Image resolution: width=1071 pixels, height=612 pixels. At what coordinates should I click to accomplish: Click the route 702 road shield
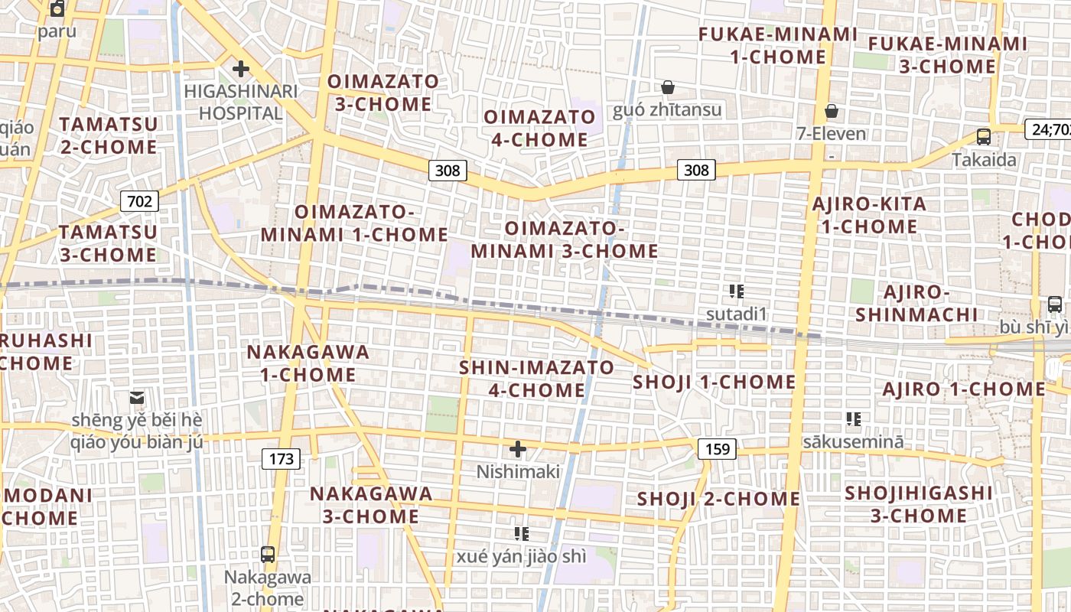tap(139, 201)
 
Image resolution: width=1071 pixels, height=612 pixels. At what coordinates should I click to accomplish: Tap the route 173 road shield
tap(282, 459)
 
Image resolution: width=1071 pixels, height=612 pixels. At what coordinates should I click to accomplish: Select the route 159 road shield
tap(718, 449)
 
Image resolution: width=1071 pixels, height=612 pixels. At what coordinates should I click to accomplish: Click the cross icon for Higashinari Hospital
tap(241, 70)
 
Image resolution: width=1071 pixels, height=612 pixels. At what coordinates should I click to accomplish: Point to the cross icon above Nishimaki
tap(518, 449)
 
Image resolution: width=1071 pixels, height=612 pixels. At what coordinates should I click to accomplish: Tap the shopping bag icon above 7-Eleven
tap(832, 112)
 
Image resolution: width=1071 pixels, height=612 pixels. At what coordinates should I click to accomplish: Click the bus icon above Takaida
tap(984, 137)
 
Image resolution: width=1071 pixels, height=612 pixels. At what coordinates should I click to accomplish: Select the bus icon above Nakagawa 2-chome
tap(268, 555)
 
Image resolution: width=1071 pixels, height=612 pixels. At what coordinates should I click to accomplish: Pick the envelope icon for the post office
tap(137, 398)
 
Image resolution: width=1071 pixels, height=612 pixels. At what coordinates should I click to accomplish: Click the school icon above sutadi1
tap(737, 291)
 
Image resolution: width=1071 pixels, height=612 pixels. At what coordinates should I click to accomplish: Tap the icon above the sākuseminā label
tap(854, 419)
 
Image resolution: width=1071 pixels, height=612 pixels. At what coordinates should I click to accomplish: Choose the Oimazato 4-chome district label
tap(539, 129)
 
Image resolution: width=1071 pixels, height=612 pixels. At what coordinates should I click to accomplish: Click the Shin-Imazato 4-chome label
tap(536, 379)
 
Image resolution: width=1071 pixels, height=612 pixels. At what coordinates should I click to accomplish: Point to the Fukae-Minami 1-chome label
tap(778, 46)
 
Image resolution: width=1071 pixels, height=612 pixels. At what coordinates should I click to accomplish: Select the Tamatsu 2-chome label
tap(109, 135)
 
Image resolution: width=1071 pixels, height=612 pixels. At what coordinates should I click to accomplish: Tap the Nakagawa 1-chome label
tap(308, 363)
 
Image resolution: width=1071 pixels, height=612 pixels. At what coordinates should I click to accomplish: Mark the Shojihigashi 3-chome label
tap(919, 504)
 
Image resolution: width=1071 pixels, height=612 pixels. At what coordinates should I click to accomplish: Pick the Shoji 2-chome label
tap(718, 500)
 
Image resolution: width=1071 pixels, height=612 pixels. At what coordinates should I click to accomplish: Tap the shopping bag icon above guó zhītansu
tap(668, 87)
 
